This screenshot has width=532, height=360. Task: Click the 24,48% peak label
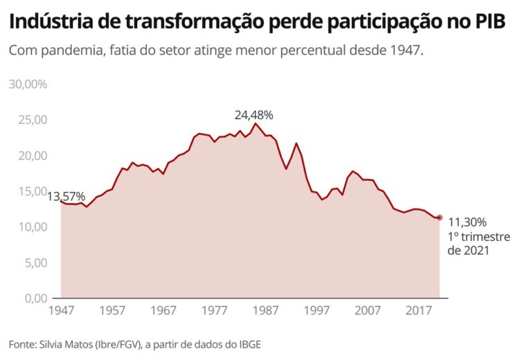(254, 115)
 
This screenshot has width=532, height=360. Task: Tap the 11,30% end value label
(468, 222)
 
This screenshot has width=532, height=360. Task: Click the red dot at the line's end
(440, 217)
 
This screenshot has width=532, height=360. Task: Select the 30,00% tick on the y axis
(28, 84)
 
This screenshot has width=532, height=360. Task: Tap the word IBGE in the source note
(249, 344)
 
